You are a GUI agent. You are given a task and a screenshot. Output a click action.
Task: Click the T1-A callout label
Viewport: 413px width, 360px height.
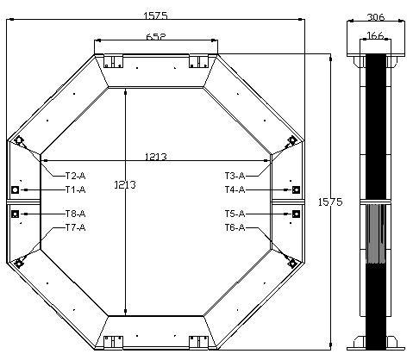click(x=75, y=189)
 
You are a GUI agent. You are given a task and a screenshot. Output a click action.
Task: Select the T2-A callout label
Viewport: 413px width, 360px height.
click(x=75, y=175)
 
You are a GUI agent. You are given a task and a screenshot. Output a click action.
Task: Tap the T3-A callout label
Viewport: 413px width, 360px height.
click(x=235, y=175)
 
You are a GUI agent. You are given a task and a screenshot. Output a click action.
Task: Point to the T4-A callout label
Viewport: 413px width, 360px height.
click(x=235, y=189)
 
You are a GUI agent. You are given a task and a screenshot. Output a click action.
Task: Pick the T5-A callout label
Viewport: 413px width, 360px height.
click(x=235, y=213)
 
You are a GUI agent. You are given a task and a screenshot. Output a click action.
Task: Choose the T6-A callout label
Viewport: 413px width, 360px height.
click(x=235, y=227)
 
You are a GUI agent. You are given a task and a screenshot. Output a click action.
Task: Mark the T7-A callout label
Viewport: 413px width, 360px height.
click(x=75, y=227)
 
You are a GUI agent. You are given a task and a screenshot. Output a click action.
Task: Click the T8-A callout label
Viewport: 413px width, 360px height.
click(x=75, y=213)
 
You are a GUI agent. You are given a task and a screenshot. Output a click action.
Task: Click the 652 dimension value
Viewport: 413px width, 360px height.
click(x=156, y=36)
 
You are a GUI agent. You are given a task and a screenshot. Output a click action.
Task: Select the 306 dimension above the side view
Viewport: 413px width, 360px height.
click(x=376, y=16)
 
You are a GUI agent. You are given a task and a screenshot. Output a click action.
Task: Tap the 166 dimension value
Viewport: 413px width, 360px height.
click(x=376, y=36)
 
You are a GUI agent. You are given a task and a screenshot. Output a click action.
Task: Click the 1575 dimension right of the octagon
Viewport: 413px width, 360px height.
click(x=329, y=202)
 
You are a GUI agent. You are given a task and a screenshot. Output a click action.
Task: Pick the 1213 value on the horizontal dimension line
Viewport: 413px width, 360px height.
click(x=156, y=157)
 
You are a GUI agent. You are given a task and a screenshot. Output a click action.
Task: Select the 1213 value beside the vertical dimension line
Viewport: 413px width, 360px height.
click(x=125, y=184)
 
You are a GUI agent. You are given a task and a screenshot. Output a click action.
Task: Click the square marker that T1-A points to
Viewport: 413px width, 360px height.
click(x=16, y=189)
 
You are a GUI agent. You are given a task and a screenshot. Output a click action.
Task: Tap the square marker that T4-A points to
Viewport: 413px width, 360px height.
click(x=296, y=189)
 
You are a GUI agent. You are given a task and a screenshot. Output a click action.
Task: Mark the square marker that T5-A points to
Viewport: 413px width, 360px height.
click(x=296, y=213)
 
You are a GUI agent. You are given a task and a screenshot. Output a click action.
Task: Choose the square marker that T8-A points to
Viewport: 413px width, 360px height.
click(x=16, y=213)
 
